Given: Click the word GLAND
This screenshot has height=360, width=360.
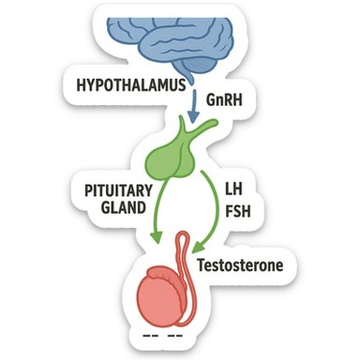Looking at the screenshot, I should click(122, 209).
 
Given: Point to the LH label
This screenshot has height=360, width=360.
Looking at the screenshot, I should click(233, 187).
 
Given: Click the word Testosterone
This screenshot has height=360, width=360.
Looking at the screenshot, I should click(239, 266).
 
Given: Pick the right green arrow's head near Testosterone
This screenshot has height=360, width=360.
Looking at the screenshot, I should click(198, 246).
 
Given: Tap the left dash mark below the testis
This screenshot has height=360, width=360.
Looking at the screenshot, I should click(150, 334).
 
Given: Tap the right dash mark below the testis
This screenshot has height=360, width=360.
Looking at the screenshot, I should click(174, 334).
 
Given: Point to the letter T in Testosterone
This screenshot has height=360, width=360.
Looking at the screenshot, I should click(201, 266).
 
